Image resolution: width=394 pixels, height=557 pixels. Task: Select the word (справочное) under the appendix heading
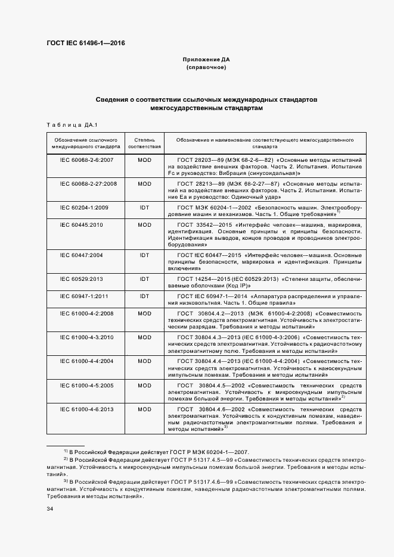206,68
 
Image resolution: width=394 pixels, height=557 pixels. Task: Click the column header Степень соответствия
144,142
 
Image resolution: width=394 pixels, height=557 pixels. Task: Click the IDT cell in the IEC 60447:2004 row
144,255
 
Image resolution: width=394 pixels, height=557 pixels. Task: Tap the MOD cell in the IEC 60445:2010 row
144,225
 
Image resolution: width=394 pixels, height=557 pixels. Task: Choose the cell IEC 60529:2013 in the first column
87,278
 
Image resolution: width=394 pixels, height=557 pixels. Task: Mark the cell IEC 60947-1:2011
87,296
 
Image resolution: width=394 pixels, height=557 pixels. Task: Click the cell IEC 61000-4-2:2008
87,313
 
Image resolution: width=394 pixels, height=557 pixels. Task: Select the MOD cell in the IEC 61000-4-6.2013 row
144,410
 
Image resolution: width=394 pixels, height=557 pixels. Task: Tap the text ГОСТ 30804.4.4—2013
206,361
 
